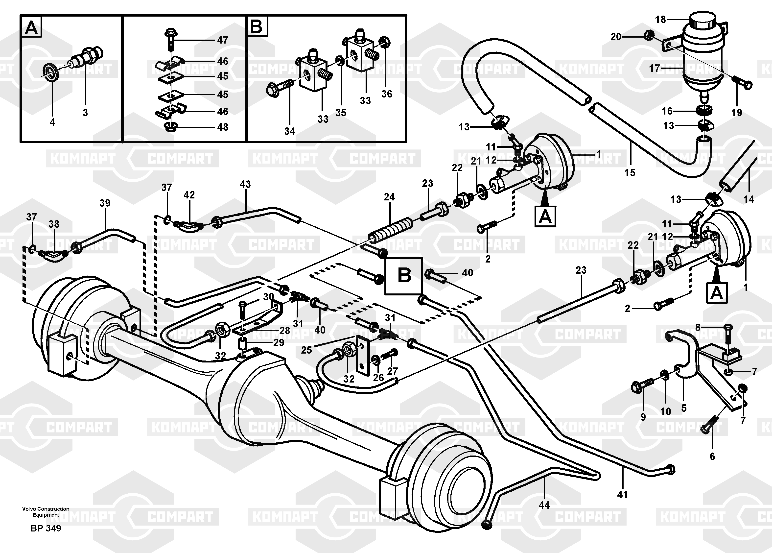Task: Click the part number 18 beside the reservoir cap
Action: point(660,20)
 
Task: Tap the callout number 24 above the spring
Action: point(389,197)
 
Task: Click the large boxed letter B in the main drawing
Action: point(404,275)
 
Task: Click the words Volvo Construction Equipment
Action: point(46,512)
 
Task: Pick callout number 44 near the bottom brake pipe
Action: point(544,505)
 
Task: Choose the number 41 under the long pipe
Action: point(622,494)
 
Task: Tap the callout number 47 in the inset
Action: point(223,40)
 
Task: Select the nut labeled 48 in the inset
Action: point(169,127)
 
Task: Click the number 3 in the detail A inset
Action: point(85,113)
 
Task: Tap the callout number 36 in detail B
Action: point(387,94)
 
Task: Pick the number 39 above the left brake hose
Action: point(105,203)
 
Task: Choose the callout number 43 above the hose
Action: point(245,184)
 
